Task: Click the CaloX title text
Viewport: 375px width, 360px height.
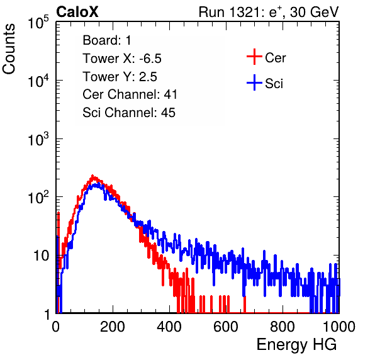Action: (77, 12)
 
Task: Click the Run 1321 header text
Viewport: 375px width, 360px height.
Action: (269, 12)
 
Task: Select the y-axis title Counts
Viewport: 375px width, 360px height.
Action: (9, 49)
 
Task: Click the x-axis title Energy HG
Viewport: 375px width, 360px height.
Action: (296, 345)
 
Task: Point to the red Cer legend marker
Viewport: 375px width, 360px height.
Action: (254, 57)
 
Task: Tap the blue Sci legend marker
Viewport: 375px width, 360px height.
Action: (254, 82)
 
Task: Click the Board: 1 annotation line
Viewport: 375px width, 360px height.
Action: (107, 40)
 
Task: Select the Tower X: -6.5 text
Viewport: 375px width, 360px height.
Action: (122, 59)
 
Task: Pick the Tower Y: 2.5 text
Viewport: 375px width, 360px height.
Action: (120, 77)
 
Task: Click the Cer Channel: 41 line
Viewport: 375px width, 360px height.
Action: (130, 94)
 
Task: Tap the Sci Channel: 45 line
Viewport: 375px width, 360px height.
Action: (129, 112)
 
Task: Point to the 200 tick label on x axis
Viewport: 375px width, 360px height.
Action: (113, 327)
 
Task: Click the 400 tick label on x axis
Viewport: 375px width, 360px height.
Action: (169, 327)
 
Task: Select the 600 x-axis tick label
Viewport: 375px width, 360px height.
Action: (226, 327)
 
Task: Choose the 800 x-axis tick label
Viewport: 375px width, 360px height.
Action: (283, 327)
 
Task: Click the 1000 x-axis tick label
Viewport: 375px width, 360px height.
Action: (339, 327)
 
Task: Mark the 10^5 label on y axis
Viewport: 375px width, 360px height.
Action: (38, 23)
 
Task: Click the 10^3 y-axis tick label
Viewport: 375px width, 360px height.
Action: (38, 139)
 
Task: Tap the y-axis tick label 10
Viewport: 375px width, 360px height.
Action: (42, 256)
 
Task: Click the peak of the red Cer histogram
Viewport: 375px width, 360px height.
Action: (92, 176)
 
